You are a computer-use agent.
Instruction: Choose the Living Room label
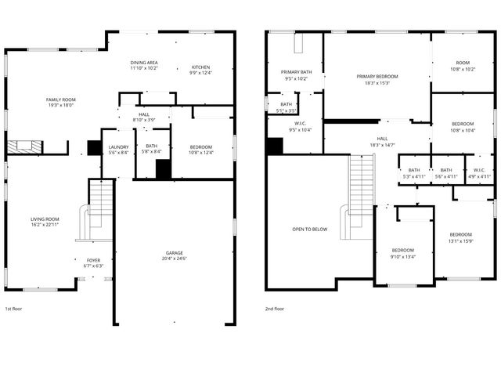click(x=45, y=222)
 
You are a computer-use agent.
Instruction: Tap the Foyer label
click(x=93, y=262)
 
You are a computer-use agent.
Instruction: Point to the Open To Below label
click(x=310, y=230)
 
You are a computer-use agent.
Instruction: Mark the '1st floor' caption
click(x=13, y=309)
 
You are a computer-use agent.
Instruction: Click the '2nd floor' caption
click(x=274, y=309)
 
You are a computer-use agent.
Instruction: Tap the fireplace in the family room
click(x=25, y=146)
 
